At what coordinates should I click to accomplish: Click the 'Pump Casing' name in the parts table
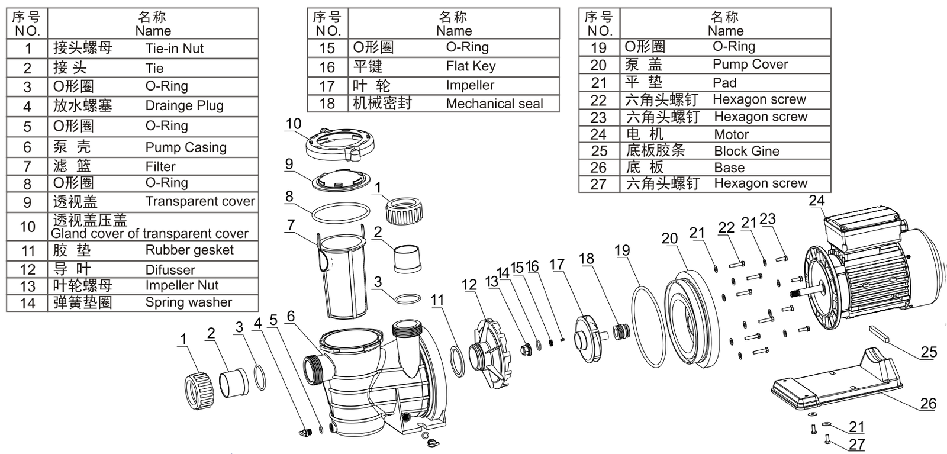(x=185, y=147)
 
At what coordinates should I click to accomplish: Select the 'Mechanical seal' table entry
(x=494, y=104)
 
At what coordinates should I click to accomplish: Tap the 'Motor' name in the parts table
(x=731, y=134)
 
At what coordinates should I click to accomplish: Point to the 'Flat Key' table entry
(x=471, y=66)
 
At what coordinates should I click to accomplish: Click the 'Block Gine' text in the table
(x=746, y=151)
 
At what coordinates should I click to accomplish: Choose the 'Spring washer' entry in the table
(x=188, y=302)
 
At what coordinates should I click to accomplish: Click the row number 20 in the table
(x=598, y=65)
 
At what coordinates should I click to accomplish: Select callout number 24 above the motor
(x=817, y=201)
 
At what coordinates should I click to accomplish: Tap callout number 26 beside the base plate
(x=928, y=403)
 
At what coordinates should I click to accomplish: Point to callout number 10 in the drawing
(x=294, y=124)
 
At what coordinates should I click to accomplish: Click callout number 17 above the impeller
(x=557, y=264)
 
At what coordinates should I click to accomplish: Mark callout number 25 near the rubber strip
(x=929, y=352)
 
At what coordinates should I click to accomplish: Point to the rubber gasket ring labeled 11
(x=458, y=362)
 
